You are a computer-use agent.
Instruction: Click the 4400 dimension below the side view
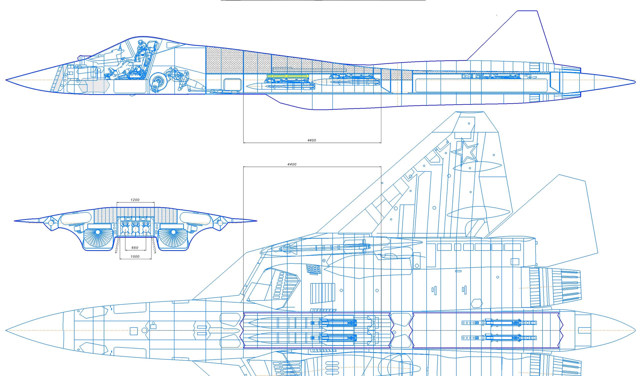click(x=311, y=140)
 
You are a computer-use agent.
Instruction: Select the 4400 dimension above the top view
click(x=292, y=164)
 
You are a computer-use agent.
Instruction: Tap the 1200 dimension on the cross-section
click(x=135, y=200)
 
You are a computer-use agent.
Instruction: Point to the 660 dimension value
click(x=135, y=248)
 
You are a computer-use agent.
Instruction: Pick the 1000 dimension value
click(x=135, y=257)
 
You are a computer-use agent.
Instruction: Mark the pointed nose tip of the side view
click(x=6, y=80)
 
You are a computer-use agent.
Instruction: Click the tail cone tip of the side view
click(x=635, y=81)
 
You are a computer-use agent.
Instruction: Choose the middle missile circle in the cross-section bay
click(x=135, y=229)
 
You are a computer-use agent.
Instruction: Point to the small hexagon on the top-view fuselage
click(x=477, y=303)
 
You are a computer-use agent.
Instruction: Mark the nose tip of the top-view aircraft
click(x=6, y=330)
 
